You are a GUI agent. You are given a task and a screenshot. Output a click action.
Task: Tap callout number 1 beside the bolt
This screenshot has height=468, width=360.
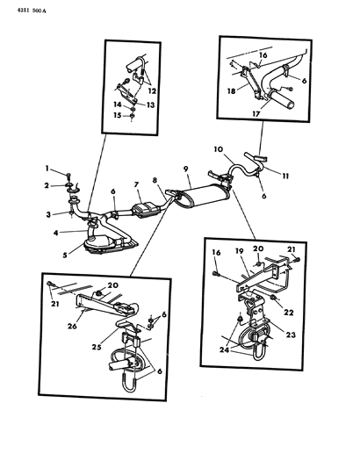(x=51, y=170)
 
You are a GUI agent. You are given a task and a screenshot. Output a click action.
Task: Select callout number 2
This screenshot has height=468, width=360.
(x=51, y=185)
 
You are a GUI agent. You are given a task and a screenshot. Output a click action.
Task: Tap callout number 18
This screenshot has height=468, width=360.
(x=231, y=90)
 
